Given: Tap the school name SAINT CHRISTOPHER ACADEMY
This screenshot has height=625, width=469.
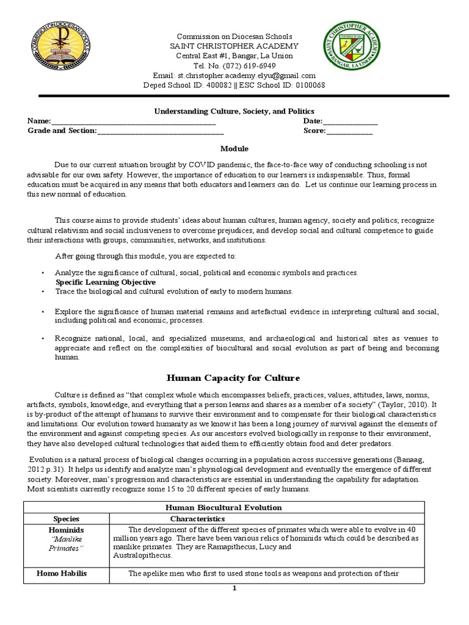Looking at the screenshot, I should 234,46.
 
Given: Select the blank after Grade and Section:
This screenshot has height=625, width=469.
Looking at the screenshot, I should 160,131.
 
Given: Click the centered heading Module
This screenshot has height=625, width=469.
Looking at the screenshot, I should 234,148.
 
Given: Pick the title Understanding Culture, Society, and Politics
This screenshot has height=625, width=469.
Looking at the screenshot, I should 233,112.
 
